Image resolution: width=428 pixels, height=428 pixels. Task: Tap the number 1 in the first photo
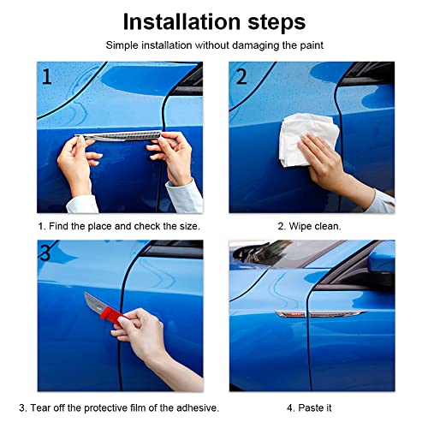46,77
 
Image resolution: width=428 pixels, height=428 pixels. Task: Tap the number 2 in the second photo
241,77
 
